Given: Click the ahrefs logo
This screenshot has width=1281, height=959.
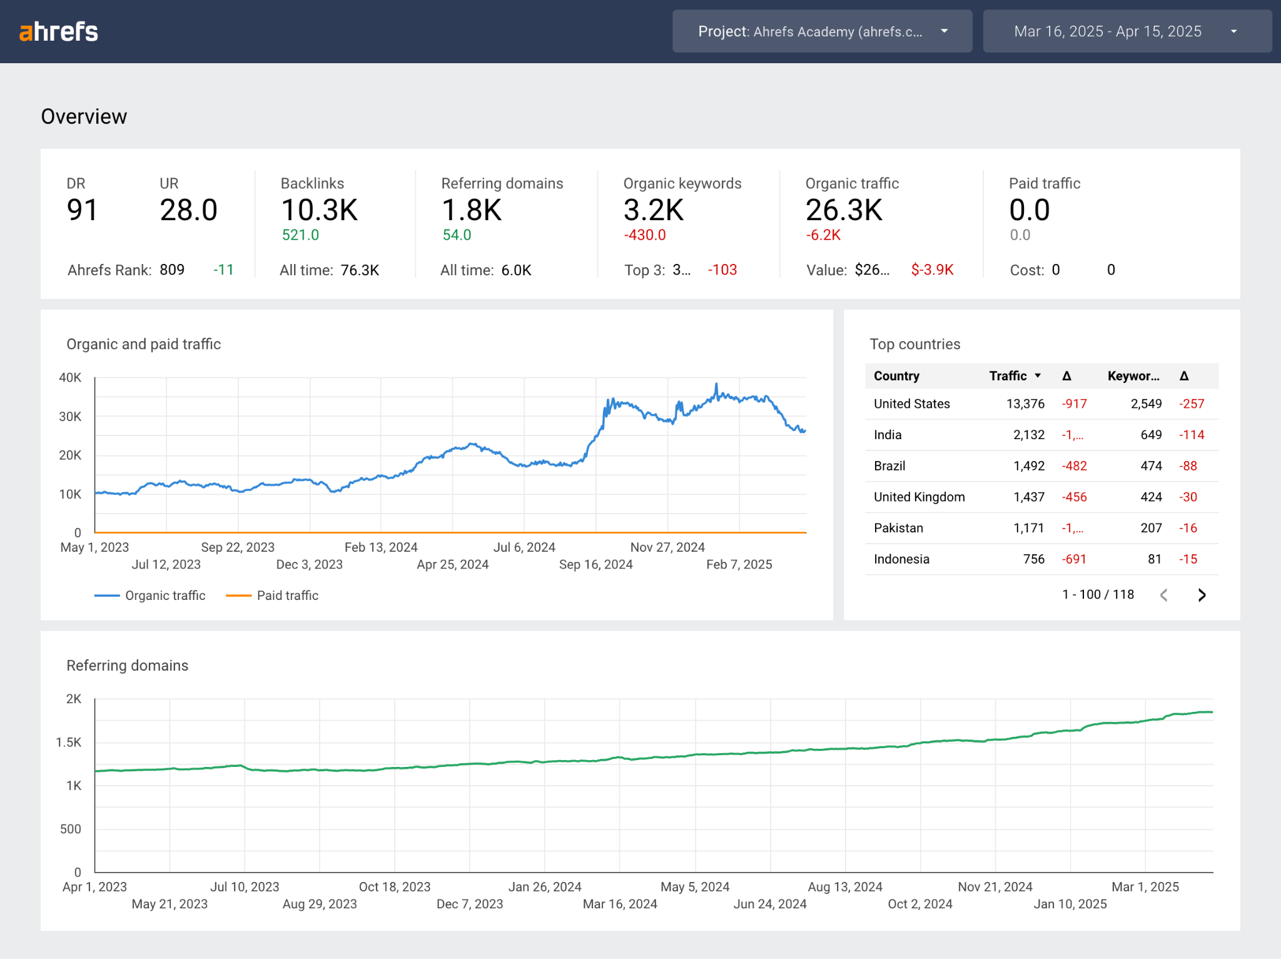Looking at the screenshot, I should click(x=59, y=31).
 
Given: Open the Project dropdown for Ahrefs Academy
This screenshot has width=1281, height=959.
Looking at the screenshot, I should click(x=822, y=31).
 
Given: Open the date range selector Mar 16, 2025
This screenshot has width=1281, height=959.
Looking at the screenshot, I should click(x=1127, y=31).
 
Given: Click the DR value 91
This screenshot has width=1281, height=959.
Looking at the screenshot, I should click(x=82, y=210).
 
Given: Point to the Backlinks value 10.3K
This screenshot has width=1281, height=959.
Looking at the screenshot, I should click(x=319, y=210).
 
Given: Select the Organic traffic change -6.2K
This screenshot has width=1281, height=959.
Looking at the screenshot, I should click(x=823, y=235).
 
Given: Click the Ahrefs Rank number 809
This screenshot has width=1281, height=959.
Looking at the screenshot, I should click(x=172, y=270).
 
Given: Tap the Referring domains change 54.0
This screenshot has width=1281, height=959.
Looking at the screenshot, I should click(x=457, y=235).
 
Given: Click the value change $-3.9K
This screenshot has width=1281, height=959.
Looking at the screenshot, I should click(x=932, y=270).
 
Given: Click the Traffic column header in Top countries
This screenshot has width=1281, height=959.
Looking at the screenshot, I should click(x=1008, y=376).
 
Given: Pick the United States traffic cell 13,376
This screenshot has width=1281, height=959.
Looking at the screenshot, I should click(x=1025, y=404).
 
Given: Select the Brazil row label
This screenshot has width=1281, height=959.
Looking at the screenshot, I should click(x=889, y=466).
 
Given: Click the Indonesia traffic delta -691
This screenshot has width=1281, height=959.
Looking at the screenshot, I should click(x=1073, y=559).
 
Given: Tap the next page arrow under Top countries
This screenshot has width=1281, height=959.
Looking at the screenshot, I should click(x=1202, y=595).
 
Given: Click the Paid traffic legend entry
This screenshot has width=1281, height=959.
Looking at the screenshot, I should click(x=287, y=596).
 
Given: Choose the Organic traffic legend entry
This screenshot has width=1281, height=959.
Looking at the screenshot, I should click(x=165, y=596).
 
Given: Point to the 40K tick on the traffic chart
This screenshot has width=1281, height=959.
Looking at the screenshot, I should click(x=70, y=378).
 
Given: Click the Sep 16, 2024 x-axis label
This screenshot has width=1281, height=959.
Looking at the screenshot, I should click(x=595, y=564).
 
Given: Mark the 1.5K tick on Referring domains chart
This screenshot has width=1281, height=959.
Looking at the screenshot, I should click(x=69, y=743).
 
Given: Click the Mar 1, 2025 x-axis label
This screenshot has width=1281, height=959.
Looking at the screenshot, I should click(x=1145, y=887).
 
